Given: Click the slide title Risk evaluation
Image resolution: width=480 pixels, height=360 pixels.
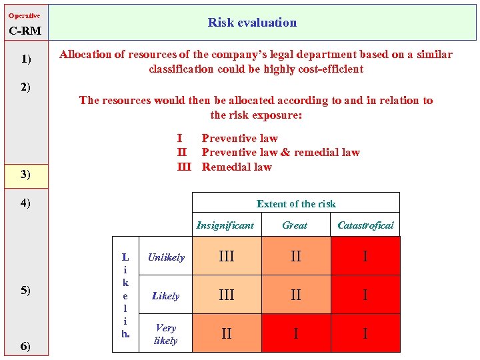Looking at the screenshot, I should (x=252, y=23).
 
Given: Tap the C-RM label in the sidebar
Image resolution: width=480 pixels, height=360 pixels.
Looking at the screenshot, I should (x=25, y=31).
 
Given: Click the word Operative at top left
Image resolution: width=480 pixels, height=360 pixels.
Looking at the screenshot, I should (x=24, y=15).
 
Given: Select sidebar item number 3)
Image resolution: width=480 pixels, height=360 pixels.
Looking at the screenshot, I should (x=25, y=175).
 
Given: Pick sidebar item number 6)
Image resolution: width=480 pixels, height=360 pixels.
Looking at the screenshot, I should (x=25, y=345).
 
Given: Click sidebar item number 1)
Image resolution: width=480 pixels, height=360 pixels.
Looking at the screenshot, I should (x=25, y=59).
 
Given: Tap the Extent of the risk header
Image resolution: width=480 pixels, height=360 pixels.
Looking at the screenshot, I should (x=296, y=204).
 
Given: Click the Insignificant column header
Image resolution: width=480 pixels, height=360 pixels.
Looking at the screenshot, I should (x=225, y=225).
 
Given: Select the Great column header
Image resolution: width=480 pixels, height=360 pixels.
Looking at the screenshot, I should (x=295, y=225).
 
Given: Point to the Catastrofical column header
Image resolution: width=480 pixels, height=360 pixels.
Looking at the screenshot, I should (x=365, y=225).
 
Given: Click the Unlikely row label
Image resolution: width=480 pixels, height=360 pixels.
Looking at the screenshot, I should (x=166, y=257).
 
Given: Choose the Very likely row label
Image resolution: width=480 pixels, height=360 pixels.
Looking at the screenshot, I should (x=166, y=334).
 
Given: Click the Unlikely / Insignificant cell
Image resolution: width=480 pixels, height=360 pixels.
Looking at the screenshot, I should (x=227, y=257).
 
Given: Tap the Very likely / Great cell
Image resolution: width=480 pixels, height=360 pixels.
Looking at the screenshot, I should (x=295, y=333).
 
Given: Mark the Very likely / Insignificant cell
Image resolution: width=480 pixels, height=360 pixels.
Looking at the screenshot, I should (x=227, y=333).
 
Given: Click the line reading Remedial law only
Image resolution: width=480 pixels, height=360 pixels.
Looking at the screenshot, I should (x=237, y=167).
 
